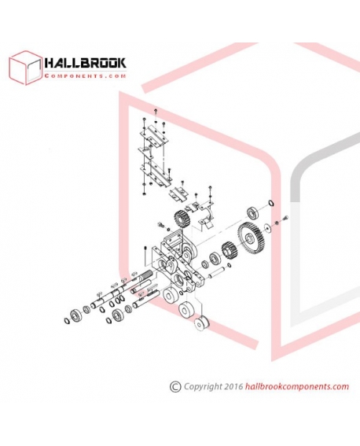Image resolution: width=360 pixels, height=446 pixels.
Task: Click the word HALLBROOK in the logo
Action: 85,63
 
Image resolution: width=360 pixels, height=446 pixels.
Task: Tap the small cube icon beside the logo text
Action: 25,68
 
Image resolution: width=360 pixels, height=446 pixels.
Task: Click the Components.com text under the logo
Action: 85,76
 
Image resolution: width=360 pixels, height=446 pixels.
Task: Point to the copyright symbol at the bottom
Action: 175,386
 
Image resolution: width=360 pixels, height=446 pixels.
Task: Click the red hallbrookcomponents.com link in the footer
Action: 297,386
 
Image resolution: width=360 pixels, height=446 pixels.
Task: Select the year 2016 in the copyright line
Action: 233,386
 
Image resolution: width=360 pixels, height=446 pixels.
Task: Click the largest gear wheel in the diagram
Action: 252,237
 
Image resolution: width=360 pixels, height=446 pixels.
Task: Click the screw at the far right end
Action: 285,218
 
